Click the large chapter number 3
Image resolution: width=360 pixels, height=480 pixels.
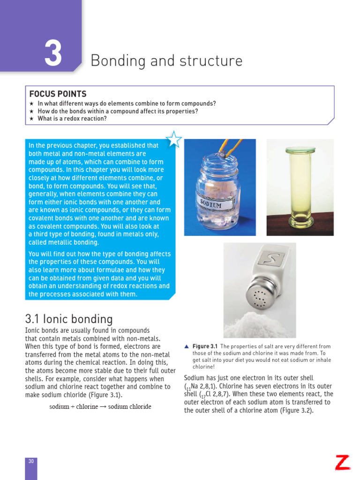pos(53,53)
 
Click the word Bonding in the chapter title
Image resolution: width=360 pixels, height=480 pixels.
pos(113,61)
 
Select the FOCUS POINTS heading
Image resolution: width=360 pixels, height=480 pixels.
pos(58,94)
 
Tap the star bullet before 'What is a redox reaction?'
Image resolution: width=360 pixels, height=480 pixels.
pos(31,119)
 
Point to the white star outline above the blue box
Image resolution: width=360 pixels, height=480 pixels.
pos(174,139)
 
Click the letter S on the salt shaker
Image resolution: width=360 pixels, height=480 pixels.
pos(272,258)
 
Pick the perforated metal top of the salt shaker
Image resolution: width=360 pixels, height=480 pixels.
pos(259,297)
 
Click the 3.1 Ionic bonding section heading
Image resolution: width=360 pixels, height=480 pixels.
pos(69,319)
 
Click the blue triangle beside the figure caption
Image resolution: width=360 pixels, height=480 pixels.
pos(187,346)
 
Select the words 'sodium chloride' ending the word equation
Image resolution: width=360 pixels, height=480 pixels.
pos(129,406)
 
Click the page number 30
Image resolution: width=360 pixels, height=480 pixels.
pos(31,461)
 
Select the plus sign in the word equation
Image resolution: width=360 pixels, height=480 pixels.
pos(73,406)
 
